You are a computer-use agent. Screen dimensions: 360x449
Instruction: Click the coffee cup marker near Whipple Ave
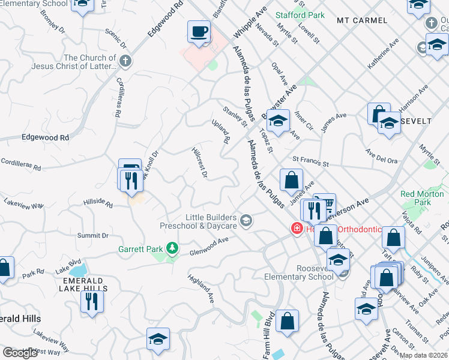(x=199, y=32)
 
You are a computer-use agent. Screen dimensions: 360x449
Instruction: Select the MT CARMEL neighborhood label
(x=362, y=20)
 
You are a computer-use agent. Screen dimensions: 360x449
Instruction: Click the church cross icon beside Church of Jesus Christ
(x=125, y=61)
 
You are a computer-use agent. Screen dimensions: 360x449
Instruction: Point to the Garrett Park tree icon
(x=172, y=248)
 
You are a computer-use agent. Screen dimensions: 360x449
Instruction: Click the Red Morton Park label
(x=416, y=198)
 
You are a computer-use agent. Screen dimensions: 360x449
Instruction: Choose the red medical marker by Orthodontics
(x=296, y=228)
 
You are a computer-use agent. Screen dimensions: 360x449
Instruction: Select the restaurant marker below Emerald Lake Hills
(x=91, y=301)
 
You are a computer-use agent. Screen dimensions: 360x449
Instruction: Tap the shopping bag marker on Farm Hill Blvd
(x=288, y=321)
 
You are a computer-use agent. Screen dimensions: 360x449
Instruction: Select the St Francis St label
(x=311, y=161)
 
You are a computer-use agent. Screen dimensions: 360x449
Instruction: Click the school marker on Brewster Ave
(x=278, y=121)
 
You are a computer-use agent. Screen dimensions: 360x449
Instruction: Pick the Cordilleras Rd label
(x=20, y=163)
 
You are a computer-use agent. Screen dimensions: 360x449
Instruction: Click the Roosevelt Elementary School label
(x=299, y=272)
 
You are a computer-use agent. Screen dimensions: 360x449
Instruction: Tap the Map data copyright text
(x=423, y=355)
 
